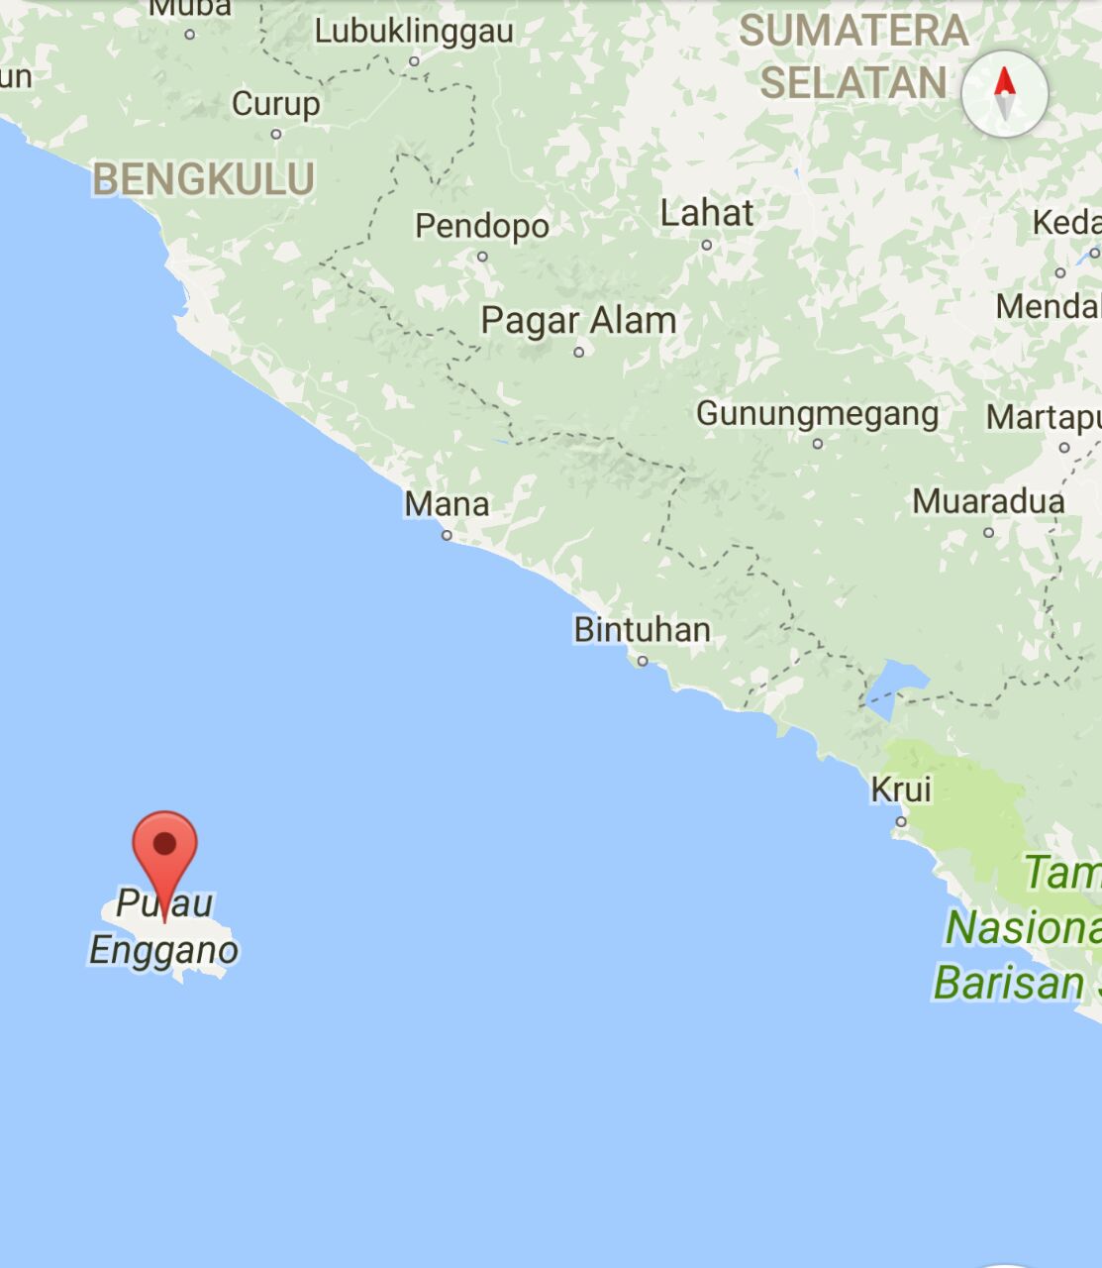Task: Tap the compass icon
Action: coord(1004,94)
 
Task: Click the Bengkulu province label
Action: coord(203,180)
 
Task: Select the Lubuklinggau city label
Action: coord(414,32)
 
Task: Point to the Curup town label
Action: coord(275,104)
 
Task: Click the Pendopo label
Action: coord(481,226)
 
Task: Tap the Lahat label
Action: coord(707,213)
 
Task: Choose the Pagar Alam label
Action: coord(578,321)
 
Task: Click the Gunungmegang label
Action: coord(817,414)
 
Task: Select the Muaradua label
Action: coord(987,501)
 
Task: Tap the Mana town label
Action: coord(447,504)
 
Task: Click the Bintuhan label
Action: coord(642,630)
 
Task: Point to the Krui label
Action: coord(901,790)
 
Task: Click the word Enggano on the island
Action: coord(164,951)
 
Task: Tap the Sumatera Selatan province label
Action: coord(853,57)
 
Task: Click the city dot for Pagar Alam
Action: coord(579,352)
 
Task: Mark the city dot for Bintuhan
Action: coord(643,661)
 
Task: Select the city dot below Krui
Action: coord(901,821)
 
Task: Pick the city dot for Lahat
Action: coord(707,245)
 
